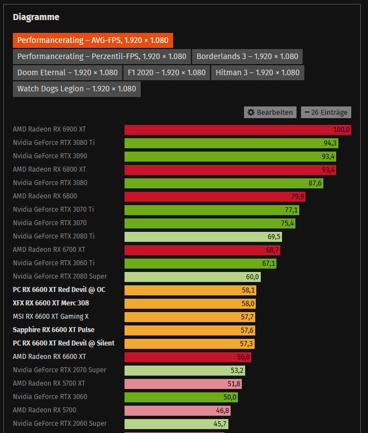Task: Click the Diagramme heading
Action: [x=36, y=17]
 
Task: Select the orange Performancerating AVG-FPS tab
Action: [x=93, y=40]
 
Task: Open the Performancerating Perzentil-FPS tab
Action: [x=102, y=56]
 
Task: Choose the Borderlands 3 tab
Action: [x=247, y=56]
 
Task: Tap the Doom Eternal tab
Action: [x=68, y=72]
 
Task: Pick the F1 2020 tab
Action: [x=166, y=72]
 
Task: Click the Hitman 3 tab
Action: [x=257, y=72]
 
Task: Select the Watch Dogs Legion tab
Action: [x=77, y=89]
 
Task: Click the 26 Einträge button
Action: [x=326, y=112]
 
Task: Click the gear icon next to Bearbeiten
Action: [x=251, y=112]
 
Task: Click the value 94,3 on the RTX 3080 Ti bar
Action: [x=329, y=143]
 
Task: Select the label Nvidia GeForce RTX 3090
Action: [x=50, y=156]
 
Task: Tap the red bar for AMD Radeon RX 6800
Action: [x=214, y=196]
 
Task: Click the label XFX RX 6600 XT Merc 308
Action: [x=51, y=303]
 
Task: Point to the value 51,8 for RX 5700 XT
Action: [x=234, y=383]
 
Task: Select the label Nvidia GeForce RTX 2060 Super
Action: [x=60, y=424]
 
